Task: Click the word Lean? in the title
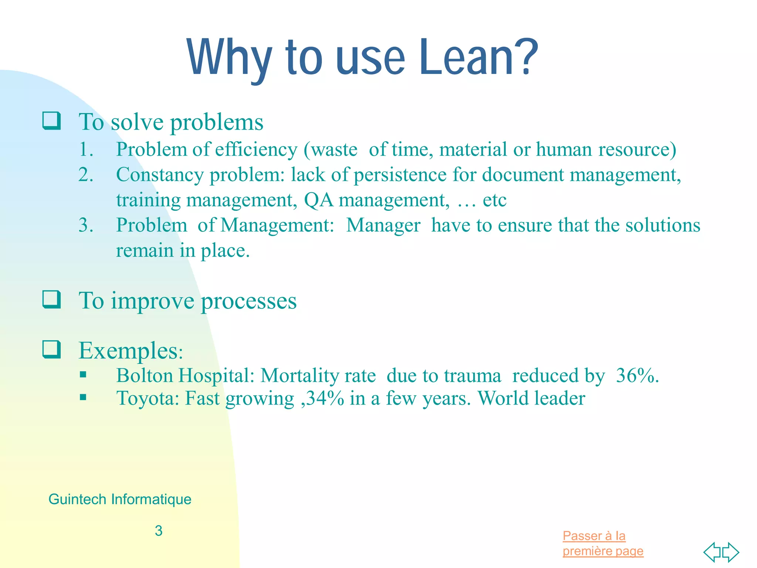pos(478,57)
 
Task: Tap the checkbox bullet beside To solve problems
pos(51,121)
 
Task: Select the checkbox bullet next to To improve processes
pos(51,300)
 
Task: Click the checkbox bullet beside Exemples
pos(51,349)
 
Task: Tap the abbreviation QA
pos(318,200)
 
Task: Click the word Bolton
pos(145,376)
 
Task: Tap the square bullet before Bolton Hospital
pos(83,375)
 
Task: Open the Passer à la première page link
pos(602,543)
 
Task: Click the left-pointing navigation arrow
pos(712,552)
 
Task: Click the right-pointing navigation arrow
pos(731,552)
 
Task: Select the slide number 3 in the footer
pos(159,531)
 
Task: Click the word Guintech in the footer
pos(77,499)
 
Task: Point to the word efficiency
pos(256,150)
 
